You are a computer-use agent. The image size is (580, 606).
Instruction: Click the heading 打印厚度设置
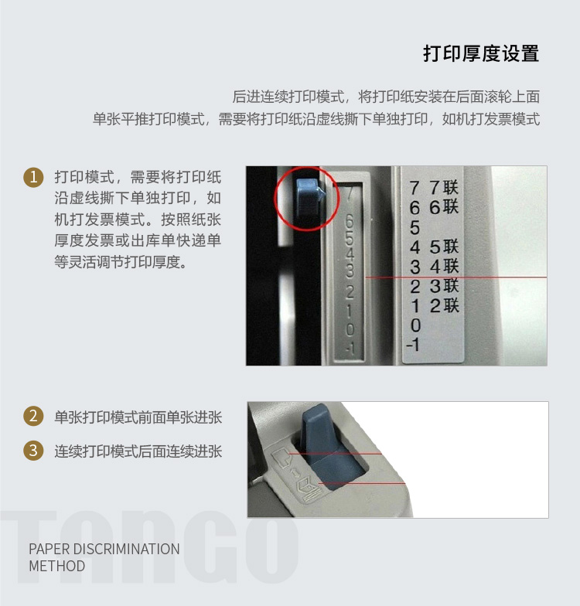click(x=481, y=53)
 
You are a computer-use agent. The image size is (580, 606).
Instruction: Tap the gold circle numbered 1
click(x=34, y=177)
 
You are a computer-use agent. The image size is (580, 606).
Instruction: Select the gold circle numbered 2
click(x=34, y=416)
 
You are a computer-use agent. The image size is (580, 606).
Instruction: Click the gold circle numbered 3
click(x=34, y=451)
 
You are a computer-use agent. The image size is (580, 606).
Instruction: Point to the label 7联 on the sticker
click(x=444, y=187)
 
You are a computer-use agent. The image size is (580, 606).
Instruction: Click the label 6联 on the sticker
click(x=444, y=207)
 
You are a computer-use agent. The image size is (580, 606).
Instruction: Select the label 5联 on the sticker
click(x=444, y=247)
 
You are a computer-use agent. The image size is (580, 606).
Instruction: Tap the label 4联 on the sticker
click(x=444, y=266)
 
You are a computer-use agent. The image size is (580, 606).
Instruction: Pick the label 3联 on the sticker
click(x=444, y=286)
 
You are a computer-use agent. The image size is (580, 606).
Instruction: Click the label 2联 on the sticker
click(x=444, y=306)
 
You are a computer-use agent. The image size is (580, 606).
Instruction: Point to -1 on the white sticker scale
click(x=413, y=345)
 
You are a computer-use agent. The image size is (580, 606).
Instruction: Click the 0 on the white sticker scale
click(x=415, y=325)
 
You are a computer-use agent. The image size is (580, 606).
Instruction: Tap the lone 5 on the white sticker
click(x=415, y=227)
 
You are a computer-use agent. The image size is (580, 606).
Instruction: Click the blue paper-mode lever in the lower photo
click(x=325, y=448)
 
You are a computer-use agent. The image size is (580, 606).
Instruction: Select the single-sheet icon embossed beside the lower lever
click(x=280, y=458)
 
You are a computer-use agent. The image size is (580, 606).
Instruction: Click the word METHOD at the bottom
click(x=57, y=566)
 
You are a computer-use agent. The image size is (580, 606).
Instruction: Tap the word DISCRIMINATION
click(x=127, y=549)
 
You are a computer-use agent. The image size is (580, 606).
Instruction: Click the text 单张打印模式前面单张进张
click(x=138, y=417)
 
